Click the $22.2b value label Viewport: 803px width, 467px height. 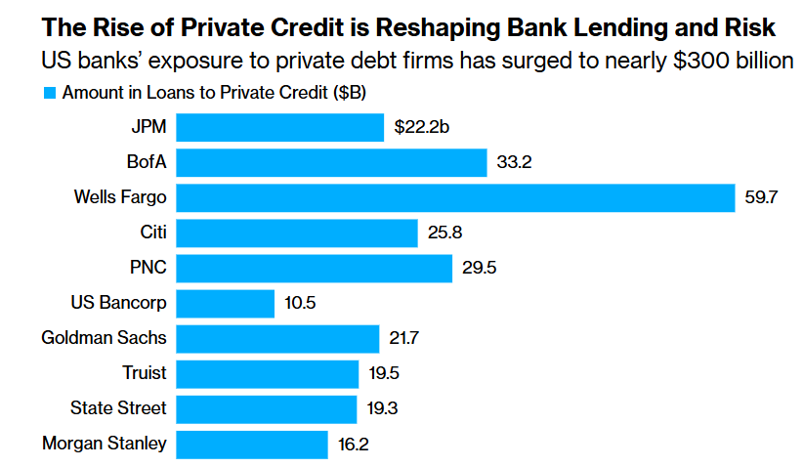(421, 127)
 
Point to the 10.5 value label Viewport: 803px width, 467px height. (301, 303)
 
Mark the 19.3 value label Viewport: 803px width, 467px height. (383, 408)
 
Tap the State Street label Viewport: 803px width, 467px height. (118, 408)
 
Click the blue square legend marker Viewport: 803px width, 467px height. (49, 94)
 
